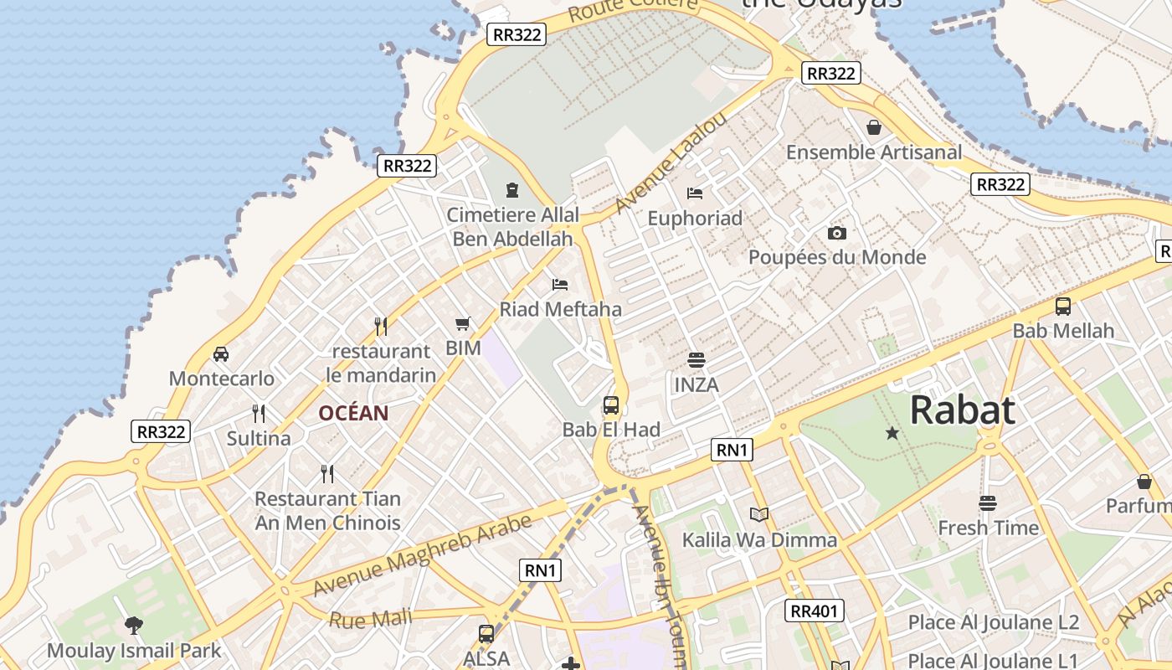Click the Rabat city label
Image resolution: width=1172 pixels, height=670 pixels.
(962, 410)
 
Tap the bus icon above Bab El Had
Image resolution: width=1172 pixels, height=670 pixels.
(611, 406)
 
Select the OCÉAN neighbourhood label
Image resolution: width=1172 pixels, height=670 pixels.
(353, 413)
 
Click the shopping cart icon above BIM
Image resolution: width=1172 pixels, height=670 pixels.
(463, 323)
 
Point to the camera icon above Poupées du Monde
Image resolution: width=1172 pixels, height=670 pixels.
(836, 233)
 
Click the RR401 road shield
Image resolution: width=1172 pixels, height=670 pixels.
(814, 611)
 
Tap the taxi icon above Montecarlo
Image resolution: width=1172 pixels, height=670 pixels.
(221, 354)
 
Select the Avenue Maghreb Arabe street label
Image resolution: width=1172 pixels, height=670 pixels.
(422, 556)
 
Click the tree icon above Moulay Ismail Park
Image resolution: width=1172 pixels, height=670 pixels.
(133, 625)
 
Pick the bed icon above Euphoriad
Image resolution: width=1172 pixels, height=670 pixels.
(695, 193)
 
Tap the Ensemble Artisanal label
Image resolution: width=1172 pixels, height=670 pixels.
(873, 152)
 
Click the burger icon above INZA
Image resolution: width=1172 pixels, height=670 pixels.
(696, 360)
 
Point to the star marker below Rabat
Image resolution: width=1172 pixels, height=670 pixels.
(892, 433)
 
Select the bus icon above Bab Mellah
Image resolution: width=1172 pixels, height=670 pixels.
(1062, 307)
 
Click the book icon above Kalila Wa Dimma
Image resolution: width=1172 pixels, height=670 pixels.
(759, 514)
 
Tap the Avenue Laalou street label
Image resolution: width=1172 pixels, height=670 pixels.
(670, 162)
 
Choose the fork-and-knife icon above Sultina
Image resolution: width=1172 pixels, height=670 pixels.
(259, 413)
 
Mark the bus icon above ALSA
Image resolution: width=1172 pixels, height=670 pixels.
(486, 634)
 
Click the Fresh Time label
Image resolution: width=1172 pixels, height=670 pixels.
(988, 528)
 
